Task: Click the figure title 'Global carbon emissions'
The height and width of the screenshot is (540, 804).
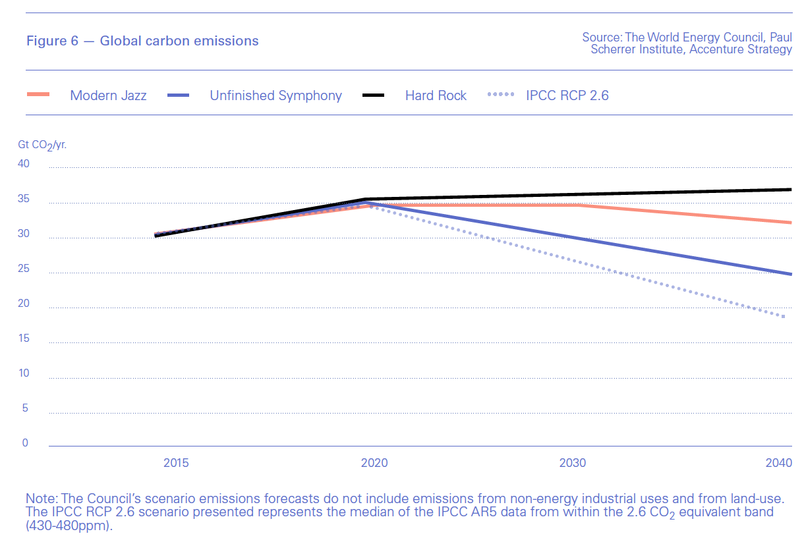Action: click(179, 41)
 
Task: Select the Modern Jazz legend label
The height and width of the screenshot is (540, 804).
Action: click(108, 95)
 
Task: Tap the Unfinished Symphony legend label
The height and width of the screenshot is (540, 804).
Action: click(275, 95)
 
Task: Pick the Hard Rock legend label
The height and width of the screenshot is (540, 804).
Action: click(436, 95)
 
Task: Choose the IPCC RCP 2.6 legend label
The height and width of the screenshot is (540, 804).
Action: click(567, 95)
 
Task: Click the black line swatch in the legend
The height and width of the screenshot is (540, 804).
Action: click(374, 95)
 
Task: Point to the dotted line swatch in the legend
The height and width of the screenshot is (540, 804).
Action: click(500, 95)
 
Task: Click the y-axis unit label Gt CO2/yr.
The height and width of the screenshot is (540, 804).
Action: click(42, 144)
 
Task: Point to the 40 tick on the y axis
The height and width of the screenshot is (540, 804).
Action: click(23, 164)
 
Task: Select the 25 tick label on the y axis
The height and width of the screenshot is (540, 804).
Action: click(23, 269)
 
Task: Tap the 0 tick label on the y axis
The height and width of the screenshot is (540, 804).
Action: click(26, 443)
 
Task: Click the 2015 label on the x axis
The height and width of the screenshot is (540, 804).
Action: click(176, 463)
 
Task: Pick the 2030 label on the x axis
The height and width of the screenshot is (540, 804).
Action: click(573, 463)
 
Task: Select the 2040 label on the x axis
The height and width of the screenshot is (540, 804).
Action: click(779, 463)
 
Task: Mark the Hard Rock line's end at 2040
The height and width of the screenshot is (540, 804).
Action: click(790, 190)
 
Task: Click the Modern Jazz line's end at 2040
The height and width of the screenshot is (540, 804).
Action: click(790, 223)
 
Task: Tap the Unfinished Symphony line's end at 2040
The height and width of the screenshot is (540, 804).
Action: click(790, 274)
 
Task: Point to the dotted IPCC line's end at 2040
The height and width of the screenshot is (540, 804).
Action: click(785, 317)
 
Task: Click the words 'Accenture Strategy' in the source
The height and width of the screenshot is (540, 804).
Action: click(741, 49)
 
